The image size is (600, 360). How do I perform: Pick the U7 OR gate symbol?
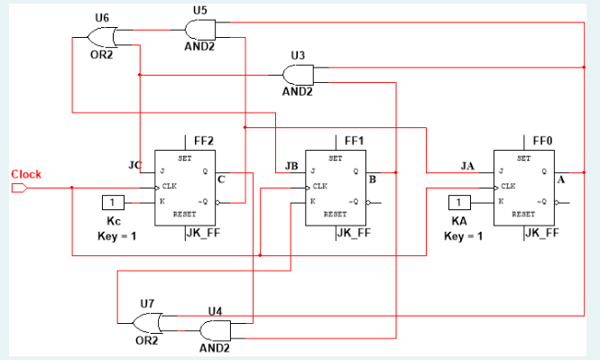pyautogui.click(x=147, y=322)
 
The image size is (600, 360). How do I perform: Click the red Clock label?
pyautogui.click(x=26, y=174)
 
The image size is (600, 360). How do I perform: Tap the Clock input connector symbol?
pyautogui.click(x=19, y=188)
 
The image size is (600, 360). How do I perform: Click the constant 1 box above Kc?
pyautogui.click(x=113, y=202)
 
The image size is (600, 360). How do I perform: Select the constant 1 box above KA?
pyautogui.click(x=459, y=202)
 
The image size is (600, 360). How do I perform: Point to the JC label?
pyautogui.click(x=136, y=165)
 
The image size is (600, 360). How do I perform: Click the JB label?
pyautogui.click(x=291, y=165)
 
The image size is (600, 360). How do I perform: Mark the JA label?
pyautogui.click(x=466, y=165)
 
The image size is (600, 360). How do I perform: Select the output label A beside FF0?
pyautogui.click(x=561, y=180)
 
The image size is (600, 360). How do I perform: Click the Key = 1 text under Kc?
pyautogui.click(x=115, y=235)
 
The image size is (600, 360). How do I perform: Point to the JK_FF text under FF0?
pyautogui.click(x=540, y=232)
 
